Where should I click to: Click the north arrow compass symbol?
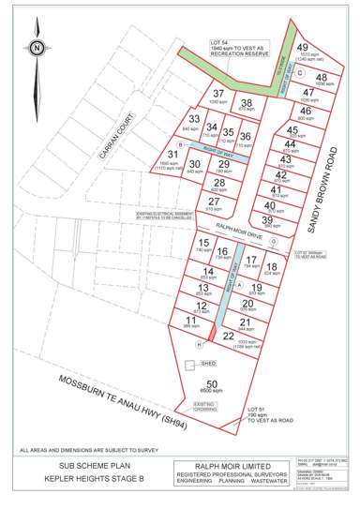[36, 46]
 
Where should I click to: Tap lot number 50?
[212, 383]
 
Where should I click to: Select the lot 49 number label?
[302, 46]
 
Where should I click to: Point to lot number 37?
[218, 93]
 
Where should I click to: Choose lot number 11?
[191, 320]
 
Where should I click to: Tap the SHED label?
[208, 361]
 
